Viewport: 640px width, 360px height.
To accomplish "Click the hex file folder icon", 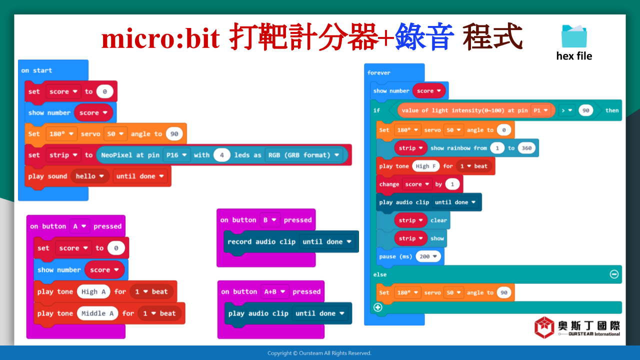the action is tap(574, 36).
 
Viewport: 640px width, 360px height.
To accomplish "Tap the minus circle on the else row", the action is tap(614, 274).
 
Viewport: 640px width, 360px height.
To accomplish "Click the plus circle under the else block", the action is tap(377, 307).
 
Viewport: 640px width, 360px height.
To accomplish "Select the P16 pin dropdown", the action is tap(176, 155).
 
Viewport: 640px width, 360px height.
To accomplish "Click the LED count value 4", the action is tap(221, 155).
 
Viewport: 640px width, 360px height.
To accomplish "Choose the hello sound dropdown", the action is tap(89, 176).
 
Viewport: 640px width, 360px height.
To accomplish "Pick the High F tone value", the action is tap(425, 166).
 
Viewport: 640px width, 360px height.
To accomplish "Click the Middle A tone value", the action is tap(97, 313).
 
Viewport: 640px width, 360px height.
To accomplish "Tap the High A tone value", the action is tap(93, 291).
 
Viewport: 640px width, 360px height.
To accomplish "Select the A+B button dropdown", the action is tap(274, 291).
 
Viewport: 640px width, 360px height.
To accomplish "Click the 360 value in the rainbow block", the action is tap(526, 148).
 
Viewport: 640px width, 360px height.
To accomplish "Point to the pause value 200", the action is tap(428, 256).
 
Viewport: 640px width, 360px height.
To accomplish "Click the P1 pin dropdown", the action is tap(540, 110).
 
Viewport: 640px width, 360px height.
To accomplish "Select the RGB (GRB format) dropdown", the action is tap(303, 155).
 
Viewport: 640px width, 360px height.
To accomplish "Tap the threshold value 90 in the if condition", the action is tap(585, 110).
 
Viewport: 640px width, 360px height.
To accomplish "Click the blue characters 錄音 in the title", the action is tap(424, 36).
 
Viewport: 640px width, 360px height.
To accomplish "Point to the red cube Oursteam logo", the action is tap(544, 327).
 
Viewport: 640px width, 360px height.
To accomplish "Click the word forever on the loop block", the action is tap(379, 73).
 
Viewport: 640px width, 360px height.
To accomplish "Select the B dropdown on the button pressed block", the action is tap(269, 220).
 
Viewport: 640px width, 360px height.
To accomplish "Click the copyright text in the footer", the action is tap(319, 353).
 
